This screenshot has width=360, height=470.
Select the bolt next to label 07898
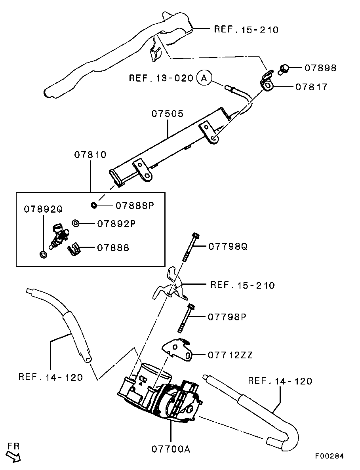coord(284,69)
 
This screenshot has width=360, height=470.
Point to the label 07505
coord(168,114)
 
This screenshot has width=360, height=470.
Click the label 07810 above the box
coord(90,155)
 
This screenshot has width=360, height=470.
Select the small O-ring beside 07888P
coord(94,205)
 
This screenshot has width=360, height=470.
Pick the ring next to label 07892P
coord(75,224)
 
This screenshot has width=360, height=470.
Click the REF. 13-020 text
coord(161,78)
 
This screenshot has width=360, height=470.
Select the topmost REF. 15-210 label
coord(246,29)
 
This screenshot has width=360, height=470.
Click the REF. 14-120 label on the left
coord(51,377)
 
